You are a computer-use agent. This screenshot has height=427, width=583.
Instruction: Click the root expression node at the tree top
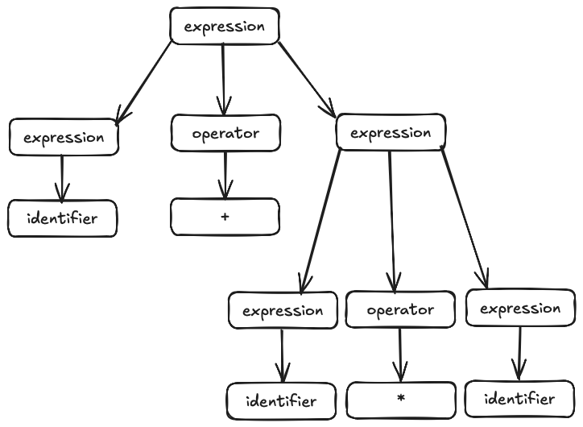pyautogui.click(x=224, y=26)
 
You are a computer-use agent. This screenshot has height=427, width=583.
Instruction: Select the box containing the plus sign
pyautogui.click(x=225, y=217)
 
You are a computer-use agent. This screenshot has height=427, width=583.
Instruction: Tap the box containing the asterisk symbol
pyautogui.click(x=400, y=400)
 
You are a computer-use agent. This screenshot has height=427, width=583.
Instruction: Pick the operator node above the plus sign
pyautogui.click(x=225, y=134)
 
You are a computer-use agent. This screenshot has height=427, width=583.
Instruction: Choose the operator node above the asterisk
pyautogui.click(x=400, y=309)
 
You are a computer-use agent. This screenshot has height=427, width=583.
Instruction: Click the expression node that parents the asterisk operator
pyautogui.click(x=390, y=132)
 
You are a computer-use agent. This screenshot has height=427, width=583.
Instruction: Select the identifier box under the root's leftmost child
pyautogui.click(x=62, y=218)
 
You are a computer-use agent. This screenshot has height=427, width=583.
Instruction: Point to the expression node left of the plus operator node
pyautogui.click(x=64, y=137)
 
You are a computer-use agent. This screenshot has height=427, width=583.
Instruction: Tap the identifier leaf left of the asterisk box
pyautogui.click(x=280, y=400)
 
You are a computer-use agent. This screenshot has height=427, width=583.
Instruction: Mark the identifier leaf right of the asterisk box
pyautogui.click(x=519, y=399)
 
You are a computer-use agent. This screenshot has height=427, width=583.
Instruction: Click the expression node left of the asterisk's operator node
pyautogui.click(x=282, y=310)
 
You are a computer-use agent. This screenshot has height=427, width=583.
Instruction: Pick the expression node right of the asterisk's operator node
pyautogui.click(x=520, y=308)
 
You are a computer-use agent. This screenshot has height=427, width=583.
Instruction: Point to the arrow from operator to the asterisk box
pyautogui.click(x=400, y=354)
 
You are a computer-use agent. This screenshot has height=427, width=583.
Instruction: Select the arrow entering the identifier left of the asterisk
pyautogui.click(x=282, y=354)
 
